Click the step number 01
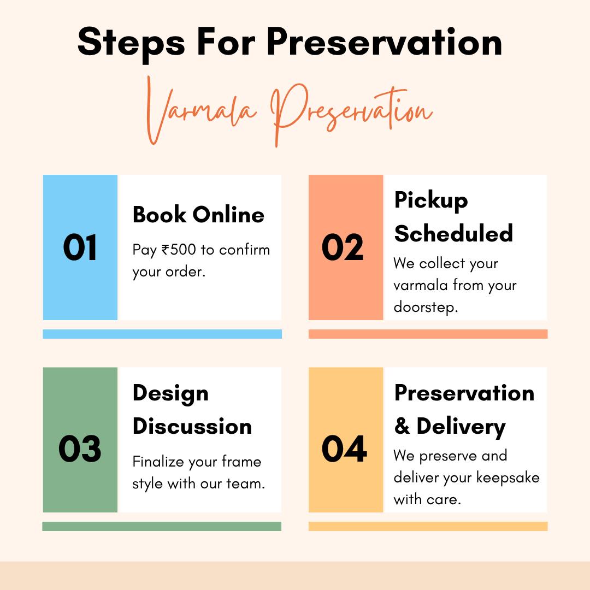point(80,247)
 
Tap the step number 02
point(343,247)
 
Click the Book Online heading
point(198,215)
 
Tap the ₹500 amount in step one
point(179,250)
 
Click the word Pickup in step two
point(431,200)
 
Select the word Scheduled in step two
point(453,233)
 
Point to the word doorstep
point(426,307)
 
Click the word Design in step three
point(170,394)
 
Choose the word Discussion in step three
point(192,426)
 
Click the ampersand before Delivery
point(402,426)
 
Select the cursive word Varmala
point(200,111)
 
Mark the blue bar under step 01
point(162,334)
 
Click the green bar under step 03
point(162,526)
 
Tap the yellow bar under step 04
point(428,526)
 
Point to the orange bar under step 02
point(428,334)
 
